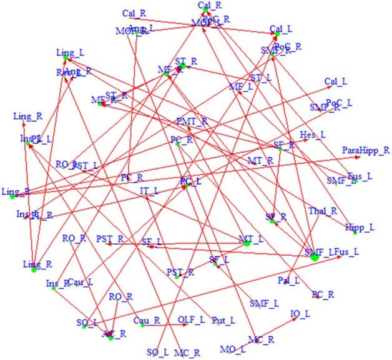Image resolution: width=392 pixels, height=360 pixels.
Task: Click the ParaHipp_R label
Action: coord(366,150)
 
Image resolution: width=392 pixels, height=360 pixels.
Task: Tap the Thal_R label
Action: coord(320,211)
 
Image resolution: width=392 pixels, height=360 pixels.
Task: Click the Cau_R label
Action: coord(147,319)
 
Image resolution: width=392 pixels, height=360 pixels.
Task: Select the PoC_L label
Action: coord(340,101)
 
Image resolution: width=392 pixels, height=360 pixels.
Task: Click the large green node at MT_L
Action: coord(247,243)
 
